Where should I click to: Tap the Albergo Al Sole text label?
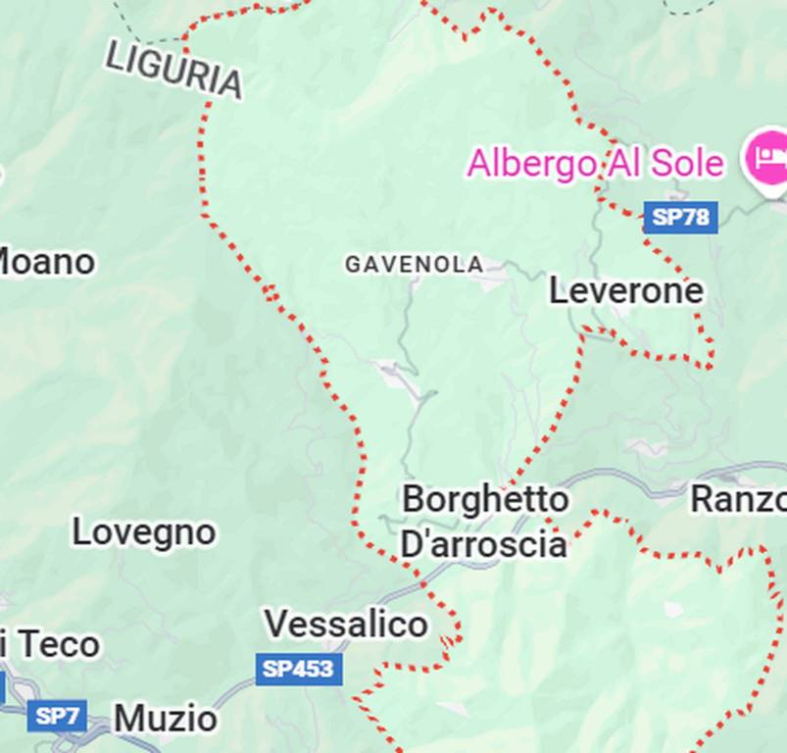coord(595,163)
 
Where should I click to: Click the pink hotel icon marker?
coord(765,158)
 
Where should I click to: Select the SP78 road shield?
coord(680,217)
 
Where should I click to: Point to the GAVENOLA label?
coord(414,265)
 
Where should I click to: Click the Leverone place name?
coord(625,291)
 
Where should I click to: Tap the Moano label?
coord(45,262)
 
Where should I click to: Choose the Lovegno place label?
coord(144,532)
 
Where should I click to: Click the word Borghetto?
coord(485,499)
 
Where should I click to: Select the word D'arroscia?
coord(483,544)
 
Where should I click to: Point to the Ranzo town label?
coord(738,499)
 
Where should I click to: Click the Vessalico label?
coord(346,624)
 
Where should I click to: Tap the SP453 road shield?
coord(299,670)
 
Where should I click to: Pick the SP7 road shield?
coord(57,716)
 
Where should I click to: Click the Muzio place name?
coord(166,719)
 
